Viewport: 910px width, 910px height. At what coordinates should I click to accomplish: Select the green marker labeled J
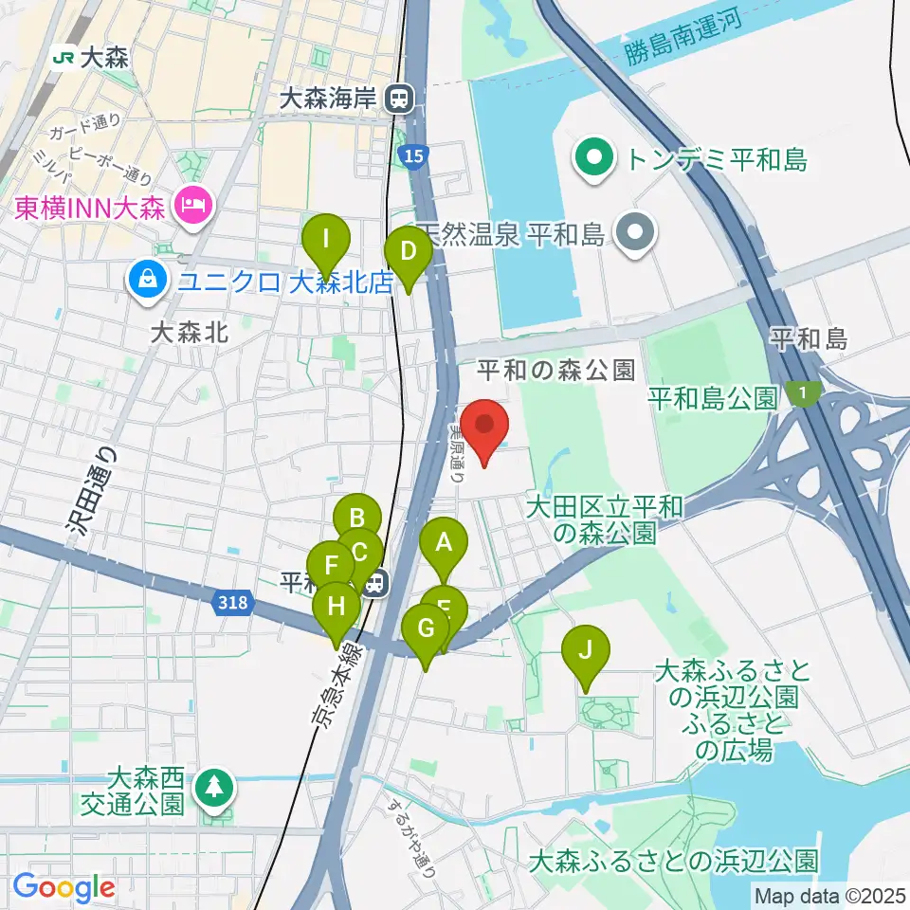tap(585, 651)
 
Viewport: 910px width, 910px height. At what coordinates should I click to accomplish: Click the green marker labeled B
tap(357, 519)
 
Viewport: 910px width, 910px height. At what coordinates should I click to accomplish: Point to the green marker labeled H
tap(337, 604)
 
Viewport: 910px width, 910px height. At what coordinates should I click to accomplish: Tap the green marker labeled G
tap(426, 628)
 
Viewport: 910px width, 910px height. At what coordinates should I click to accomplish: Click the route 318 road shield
tap(233, 602)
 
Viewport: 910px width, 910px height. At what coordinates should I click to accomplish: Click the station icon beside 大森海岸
tap(403, 96)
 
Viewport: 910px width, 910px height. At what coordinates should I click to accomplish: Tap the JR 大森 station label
tap(91, 58)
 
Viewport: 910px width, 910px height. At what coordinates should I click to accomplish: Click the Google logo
tap(64, 888)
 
